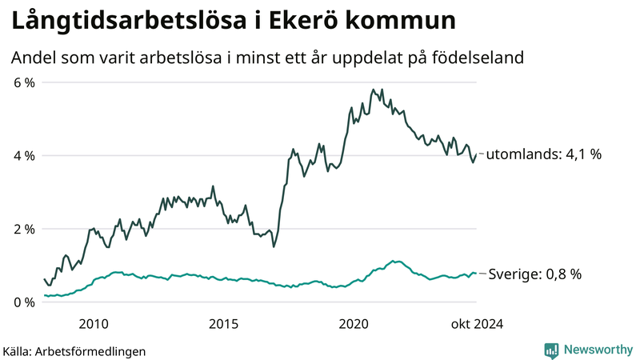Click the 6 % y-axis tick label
[x=23, y=82]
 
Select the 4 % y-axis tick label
[x=23, y=156]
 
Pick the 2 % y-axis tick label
[x=23, y=230]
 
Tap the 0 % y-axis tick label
[x=23, y=302]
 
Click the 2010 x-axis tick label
[x=94, y=324]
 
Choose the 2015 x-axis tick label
[x=223, y=324]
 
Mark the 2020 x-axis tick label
[x=354, y=324]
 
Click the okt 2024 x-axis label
[x=476, y=324]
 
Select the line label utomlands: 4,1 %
[x=543, y=155]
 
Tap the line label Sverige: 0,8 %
[x=534, y=274]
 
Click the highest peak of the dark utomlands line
[x=373, y=90]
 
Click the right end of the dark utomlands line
[x=477, y=154]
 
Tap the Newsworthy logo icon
[x=551, y=350]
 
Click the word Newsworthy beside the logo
[x=598, y=350]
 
